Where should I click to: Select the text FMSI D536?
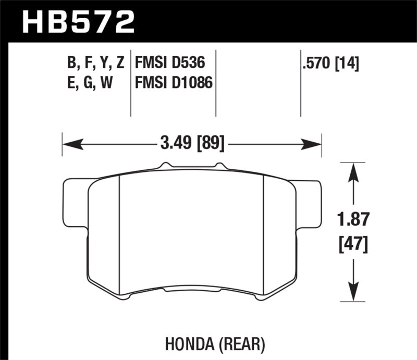point(169,64)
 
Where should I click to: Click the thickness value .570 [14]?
point(331,64)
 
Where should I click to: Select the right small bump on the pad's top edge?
point(219,166)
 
